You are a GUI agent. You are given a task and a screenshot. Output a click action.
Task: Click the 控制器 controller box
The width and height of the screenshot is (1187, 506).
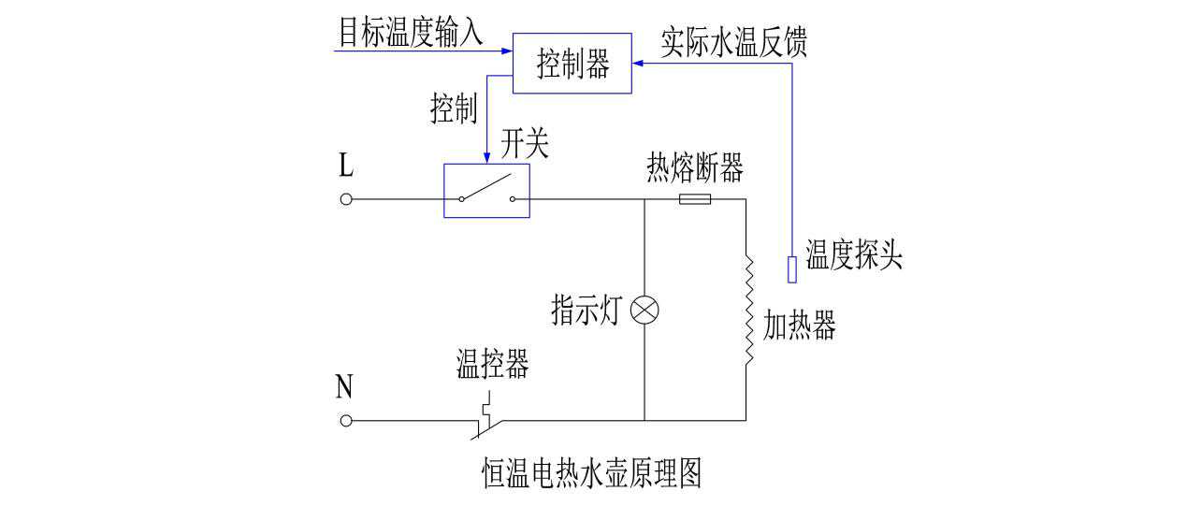tap(572, 65)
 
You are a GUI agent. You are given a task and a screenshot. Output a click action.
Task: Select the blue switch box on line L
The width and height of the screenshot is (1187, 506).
tap(486, 191)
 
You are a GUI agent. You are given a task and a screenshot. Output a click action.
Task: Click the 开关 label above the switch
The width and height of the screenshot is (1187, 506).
tap(524, 144)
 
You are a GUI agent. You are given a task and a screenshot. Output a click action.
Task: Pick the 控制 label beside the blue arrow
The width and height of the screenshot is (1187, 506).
tap(454, 109)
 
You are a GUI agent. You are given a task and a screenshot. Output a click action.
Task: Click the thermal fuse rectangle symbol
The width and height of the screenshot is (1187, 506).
tap(693, 199)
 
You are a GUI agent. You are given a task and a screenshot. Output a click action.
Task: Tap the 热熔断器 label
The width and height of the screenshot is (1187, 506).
tap(695, 168)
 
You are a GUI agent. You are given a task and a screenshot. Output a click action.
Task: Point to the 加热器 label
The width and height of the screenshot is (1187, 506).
tap(799, 326)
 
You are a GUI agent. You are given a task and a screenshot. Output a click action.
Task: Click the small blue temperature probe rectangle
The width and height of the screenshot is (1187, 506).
tap(791, 269)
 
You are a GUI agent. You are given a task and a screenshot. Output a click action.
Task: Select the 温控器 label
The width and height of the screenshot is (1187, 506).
tap(492, 364)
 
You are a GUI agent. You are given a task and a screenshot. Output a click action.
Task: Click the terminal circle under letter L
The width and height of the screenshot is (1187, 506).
tap(345, 199)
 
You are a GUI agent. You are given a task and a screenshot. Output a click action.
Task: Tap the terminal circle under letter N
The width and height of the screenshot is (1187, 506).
tap(345, 421)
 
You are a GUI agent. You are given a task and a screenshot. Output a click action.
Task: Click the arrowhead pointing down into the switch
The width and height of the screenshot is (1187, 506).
tap(486, 158)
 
